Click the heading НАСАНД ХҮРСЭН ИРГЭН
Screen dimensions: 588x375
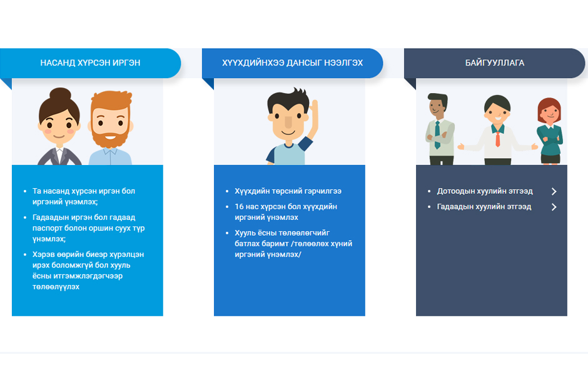(90, 63)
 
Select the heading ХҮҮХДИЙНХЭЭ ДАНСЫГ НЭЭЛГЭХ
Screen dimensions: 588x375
(292, 63)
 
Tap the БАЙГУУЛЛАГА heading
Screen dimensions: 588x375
(495, 63)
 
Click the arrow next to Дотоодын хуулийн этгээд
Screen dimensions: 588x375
(554, 191)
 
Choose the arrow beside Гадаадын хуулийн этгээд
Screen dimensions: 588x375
(554, 207)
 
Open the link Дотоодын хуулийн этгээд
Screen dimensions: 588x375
(485, 191)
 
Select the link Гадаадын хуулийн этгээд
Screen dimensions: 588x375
(484, 207)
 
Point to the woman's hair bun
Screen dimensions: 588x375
(60, 94)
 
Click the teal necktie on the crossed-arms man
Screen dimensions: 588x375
(437, 135)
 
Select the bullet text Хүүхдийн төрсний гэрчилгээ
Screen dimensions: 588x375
(288, 191)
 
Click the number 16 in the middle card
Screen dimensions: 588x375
(239, 207)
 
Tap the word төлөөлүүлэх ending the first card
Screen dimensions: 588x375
(56, 287)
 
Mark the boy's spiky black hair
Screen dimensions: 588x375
(288, 99)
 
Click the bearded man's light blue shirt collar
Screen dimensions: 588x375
(110, 151)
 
